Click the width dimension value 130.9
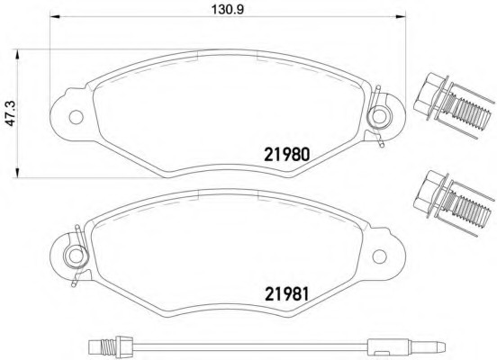pos(228,9)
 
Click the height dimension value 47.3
pos(11,113)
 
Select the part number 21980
pos(286,155)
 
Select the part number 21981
pos(286,293)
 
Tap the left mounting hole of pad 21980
pos(76,117)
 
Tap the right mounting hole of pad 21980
pos(379,116)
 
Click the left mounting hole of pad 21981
pos(76,256)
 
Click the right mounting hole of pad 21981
pos(379,256)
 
